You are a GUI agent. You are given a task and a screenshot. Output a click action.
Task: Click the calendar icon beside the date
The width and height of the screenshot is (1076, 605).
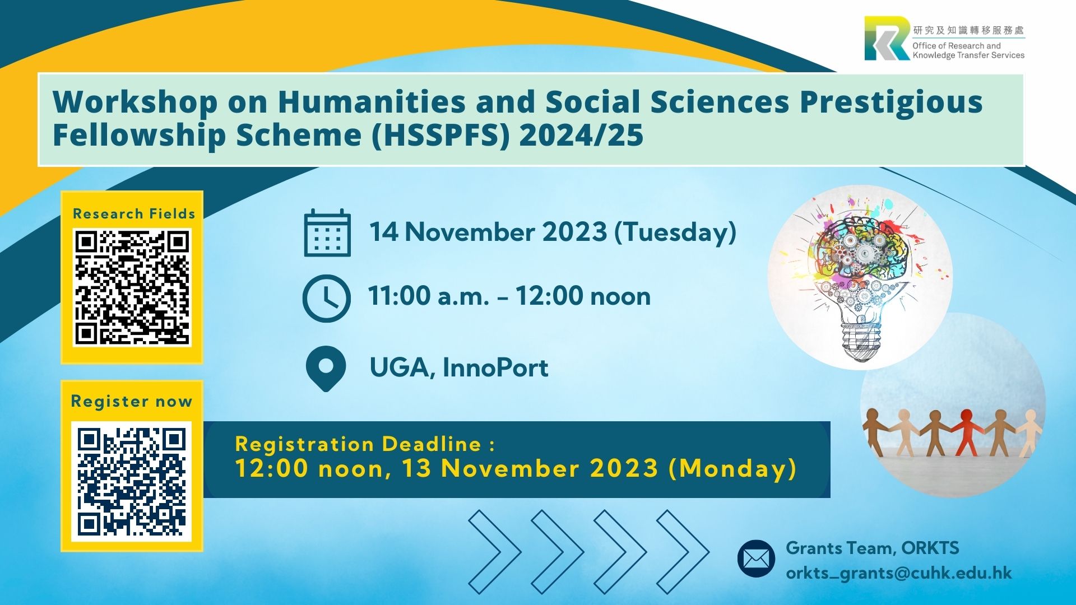pyautogui.click(x=327, y=232)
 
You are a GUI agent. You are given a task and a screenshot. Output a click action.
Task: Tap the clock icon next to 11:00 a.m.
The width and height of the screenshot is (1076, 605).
pyautogui.click(x=326, y=298)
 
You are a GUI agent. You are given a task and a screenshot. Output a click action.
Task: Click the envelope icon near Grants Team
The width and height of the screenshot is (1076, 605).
pyautogui.click(x=756, y=559)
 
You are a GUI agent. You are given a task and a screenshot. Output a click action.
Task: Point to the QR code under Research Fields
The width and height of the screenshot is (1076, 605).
pyautogui.click(x=132, y=287)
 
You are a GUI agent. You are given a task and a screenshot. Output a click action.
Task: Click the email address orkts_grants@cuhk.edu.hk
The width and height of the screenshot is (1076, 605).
pyautogui.click(x=899, y=573)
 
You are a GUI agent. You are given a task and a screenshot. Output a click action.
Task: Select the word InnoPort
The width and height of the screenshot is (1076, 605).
pyautogui.click(x=495, y=367)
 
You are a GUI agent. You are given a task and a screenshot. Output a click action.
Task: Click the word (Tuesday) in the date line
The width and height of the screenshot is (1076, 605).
pyautogui.click(x=675, y=232)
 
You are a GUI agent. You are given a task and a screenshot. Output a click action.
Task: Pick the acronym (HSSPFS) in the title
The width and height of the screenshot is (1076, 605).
pyautogui.click(x=441, y=135)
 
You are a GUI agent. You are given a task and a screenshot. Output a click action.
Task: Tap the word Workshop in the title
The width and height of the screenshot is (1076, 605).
pyautogui.click(x=135, y=103)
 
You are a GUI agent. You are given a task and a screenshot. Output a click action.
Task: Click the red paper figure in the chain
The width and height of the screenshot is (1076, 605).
pyautogui.click(x=966, y=432)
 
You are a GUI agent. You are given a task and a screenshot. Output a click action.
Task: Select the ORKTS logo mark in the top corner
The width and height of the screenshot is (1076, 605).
pyautogui.click(x=887, y=38)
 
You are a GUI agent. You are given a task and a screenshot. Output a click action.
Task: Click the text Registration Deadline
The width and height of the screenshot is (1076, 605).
pyautogui.click(x=358, y=444)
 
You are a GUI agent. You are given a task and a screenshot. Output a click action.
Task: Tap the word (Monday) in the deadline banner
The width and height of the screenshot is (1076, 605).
pyautogui.click(x=732, y=468)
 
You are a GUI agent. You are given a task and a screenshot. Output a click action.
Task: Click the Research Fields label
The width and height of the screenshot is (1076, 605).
pyautogui.click(x=134, y=213)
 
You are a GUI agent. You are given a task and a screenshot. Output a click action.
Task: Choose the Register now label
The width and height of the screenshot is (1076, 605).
pyautogui.click(x=132, y=402)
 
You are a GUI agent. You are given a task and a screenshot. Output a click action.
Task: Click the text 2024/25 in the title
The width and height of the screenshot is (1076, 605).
pyautogui.click(x=581, y=135)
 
